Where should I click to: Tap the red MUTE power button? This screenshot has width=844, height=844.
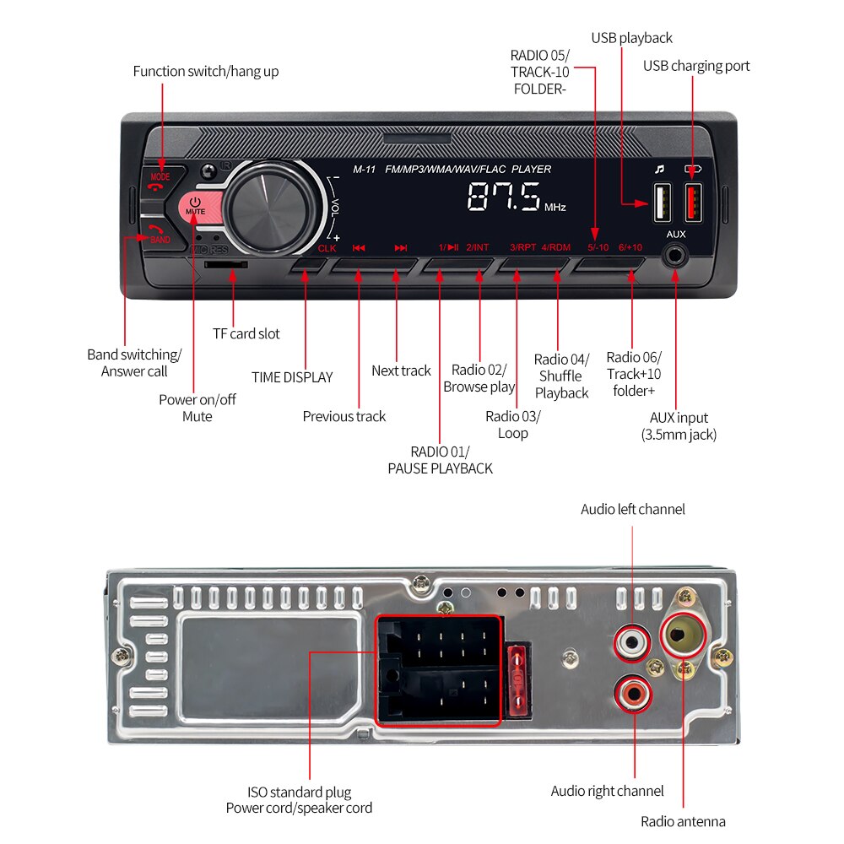tap(195, 208)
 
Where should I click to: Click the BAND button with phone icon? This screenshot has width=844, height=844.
tap(158, 235)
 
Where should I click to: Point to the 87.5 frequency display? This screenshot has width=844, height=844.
tap(504, 197)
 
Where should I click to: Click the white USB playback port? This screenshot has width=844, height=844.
tap(660, 203)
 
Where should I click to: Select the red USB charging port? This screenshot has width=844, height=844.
tap(692, 202)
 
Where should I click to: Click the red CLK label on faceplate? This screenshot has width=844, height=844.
tap(327, 248)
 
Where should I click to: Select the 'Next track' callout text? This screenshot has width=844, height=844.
tap(401, 371)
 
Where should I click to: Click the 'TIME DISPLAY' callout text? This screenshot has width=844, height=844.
tap(292, 377)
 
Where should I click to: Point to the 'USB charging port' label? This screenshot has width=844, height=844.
tap(696, 66)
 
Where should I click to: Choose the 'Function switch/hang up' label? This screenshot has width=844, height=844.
tap(205, 71)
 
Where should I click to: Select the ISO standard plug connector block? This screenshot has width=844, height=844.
tap(439, 670)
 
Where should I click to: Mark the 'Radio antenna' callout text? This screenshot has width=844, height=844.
tap(683, 821)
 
